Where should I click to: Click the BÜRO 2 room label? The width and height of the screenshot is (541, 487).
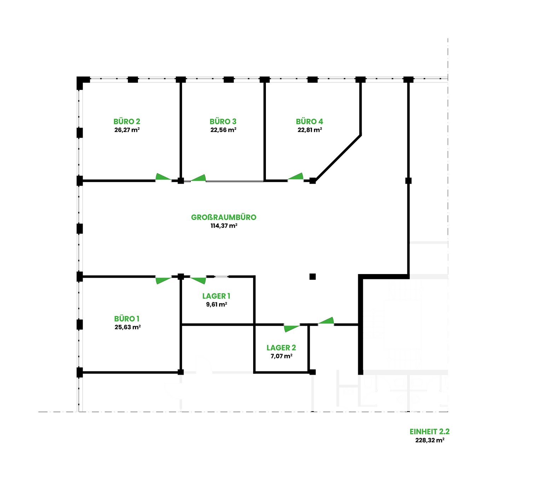127,121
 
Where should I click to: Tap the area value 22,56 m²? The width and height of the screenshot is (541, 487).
223,130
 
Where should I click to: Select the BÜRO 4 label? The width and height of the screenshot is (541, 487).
309,121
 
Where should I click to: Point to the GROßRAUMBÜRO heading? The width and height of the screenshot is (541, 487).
223,217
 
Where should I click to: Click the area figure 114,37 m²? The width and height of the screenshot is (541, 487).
224,226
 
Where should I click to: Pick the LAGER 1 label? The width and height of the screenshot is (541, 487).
216,296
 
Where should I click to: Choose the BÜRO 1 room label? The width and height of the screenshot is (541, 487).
127,319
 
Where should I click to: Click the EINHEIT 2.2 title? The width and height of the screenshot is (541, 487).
430,432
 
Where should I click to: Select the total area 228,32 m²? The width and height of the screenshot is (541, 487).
430,440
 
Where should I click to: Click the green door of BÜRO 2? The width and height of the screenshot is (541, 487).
163,177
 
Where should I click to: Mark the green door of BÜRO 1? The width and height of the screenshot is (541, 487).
163,280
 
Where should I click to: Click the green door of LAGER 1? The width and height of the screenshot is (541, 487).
198,280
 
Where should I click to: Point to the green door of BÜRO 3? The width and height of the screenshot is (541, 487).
198,178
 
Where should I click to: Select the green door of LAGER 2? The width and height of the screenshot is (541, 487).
291,328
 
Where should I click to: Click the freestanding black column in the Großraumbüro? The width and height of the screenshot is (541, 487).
313,277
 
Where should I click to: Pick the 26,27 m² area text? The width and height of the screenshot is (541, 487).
127,130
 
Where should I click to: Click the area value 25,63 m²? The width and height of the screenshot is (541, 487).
128,327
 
